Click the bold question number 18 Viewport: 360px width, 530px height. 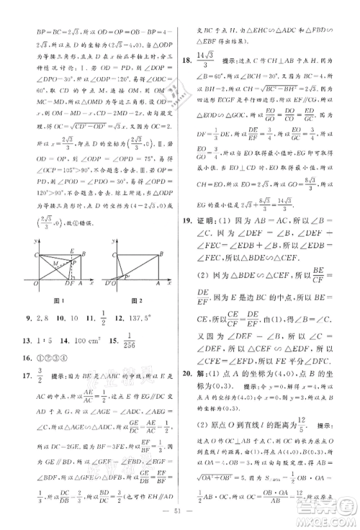(x=189, y=63)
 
